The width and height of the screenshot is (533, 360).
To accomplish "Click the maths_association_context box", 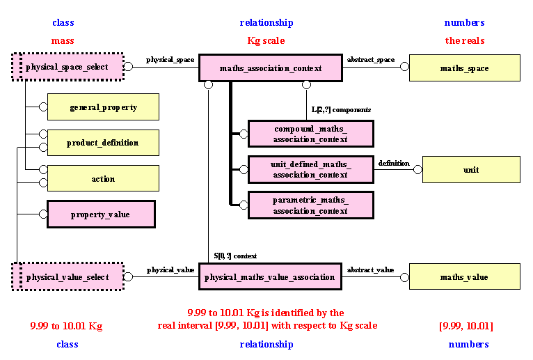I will coord(270,68).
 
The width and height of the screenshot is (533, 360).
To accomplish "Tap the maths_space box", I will coord(464,68).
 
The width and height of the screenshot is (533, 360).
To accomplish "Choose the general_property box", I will coord(103,107).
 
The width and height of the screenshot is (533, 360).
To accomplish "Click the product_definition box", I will coord(103,143).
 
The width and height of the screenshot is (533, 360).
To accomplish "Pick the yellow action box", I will coord(103,179).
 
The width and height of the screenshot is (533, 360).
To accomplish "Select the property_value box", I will coord(101,214).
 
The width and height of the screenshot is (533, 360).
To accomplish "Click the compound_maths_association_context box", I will coord(310,134).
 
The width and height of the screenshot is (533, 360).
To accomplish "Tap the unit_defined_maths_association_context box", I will coord(310,169).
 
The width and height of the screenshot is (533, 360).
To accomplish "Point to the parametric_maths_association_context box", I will coord(310,205).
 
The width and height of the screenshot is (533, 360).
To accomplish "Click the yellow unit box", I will coord(471,170).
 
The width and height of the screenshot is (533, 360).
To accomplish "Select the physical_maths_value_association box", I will coord(270,277).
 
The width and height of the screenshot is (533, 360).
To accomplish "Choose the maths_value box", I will coord(464,277).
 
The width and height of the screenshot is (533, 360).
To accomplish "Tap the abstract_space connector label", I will coord(370,60).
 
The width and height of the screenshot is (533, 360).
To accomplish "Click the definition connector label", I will coord(394,163).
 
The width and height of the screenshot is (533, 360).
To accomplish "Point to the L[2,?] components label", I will coord(341,110).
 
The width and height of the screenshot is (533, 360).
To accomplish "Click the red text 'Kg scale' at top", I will coord(266,40).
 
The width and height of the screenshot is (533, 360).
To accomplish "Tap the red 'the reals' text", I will coord(465,40).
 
